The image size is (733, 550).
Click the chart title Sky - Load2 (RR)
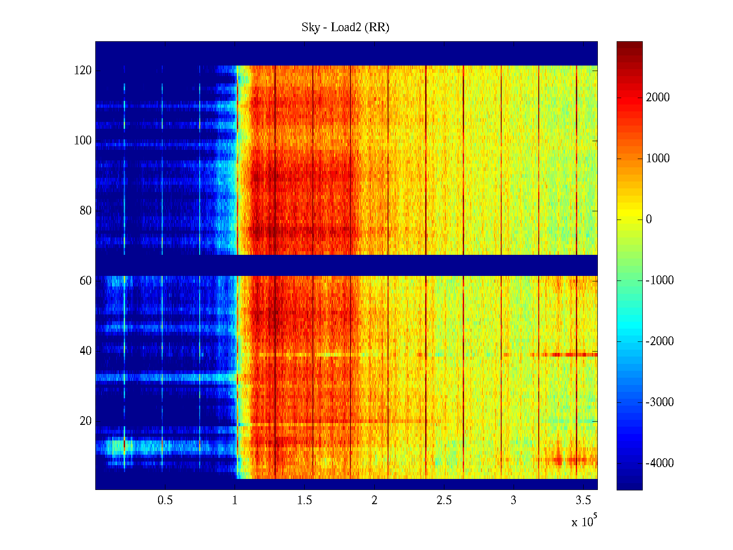tap(345, 27)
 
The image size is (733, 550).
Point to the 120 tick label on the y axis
tap(83, 71)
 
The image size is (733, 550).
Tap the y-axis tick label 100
tap(83, 141)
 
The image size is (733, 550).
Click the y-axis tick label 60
tap(86, 281)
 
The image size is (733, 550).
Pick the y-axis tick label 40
tap(86, 351)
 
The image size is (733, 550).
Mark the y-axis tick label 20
tap(86, 421)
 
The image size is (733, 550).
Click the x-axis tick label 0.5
tap(165, 500)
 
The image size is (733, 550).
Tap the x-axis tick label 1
tap(235, 500)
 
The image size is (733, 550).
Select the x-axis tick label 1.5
tap(305, 500)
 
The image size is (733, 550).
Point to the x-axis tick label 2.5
tap(444, 500)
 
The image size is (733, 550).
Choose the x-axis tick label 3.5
tap(583, 500)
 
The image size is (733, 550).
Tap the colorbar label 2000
tap(658, 97)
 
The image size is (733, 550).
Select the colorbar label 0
tap(649, 220)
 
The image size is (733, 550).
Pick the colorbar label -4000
tap(660, 463)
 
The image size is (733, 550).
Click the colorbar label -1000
tap(660, 280)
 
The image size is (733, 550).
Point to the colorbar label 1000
tap(658, 159)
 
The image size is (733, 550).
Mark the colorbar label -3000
tap(660, 402)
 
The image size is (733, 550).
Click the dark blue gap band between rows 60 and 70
tap(346, 265)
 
